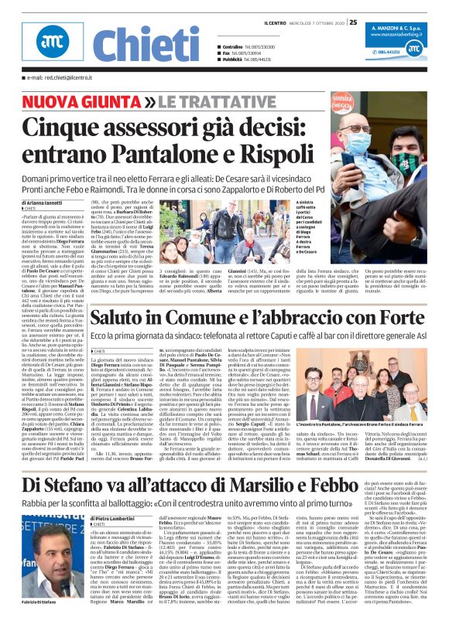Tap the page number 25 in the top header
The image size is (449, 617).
point(353,22)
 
